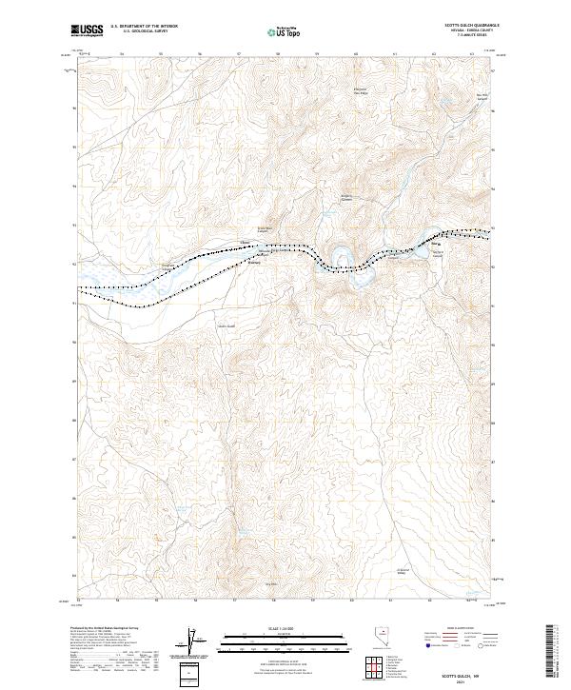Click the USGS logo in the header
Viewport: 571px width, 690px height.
point(86,30)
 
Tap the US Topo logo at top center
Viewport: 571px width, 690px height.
point(285,31)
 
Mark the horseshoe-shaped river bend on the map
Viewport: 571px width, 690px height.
point(340,258)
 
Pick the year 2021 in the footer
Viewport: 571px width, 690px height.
point(463,680)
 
